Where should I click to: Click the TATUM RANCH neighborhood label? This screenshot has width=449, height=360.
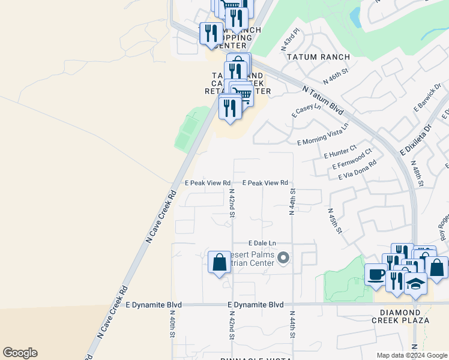tap(318, 57)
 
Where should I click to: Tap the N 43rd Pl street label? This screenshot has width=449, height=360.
tap(291, 39)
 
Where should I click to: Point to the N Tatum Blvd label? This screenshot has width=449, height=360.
tap(323, 100)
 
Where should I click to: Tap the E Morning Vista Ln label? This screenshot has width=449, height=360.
tap(322, 138)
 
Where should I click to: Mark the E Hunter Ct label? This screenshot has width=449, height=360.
tap(340, 151)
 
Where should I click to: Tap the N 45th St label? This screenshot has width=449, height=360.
tap(335, 221)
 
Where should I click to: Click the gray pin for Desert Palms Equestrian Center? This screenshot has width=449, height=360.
tap(285, 259)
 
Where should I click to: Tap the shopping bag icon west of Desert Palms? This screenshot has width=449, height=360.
tap(219, 262)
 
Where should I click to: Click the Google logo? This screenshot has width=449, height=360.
tap(20, 353)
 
